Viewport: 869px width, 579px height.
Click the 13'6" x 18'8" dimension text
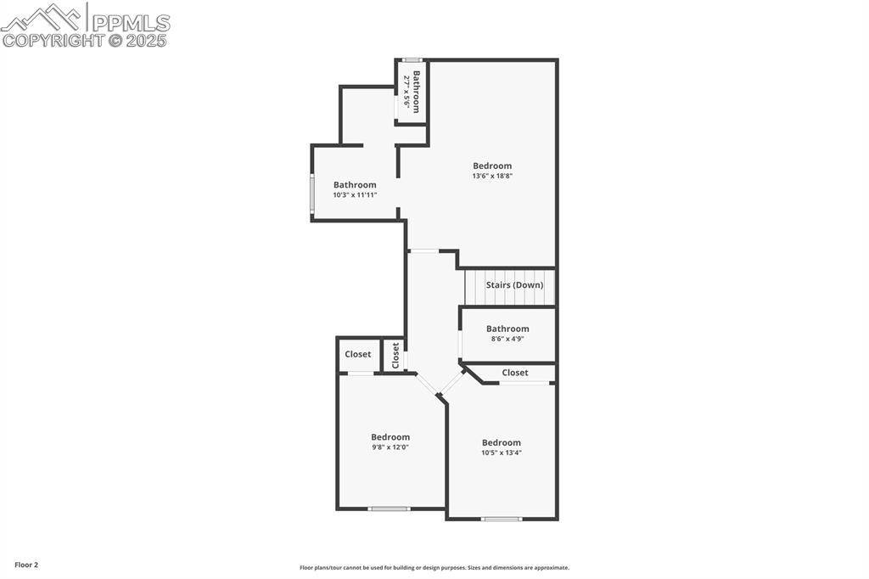[492, 176]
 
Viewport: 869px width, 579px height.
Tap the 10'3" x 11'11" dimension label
[355, 194]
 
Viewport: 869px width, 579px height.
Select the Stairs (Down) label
[514, 285]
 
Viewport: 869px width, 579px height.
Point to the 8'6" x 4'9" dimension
[507, 339]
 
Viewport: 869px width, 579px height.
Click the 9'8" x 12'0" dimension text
[390, 447]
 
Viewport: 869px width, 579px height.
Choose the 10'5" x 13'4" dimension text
[502, 453]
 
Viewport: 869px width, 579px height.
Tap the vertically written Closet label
[395, 355]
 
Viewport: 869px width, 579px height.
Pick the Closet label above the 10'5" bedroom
[515, 373]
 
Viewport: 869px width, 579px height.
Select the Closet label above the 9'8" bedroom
[358, 354]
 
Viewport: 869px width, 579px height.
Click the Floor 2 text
[26, 565]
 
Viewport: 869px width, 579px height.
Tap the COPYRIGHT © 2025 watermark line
[85, 40]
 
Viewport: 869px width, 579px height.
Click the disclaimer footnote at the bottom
[434, 568]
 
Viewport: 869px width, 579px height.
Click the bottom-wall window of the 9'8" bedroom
[390, 509]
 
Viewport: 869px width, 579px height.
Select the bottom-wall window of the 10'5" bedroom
[502, 518]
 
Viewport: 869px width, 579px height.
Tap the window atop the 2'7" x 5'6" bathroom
[412, 59]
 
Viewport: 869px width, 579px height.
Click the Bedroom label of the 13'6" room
[492, 166]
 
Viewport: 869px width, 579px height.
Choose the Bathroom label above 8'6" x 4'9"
[507, 329]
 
